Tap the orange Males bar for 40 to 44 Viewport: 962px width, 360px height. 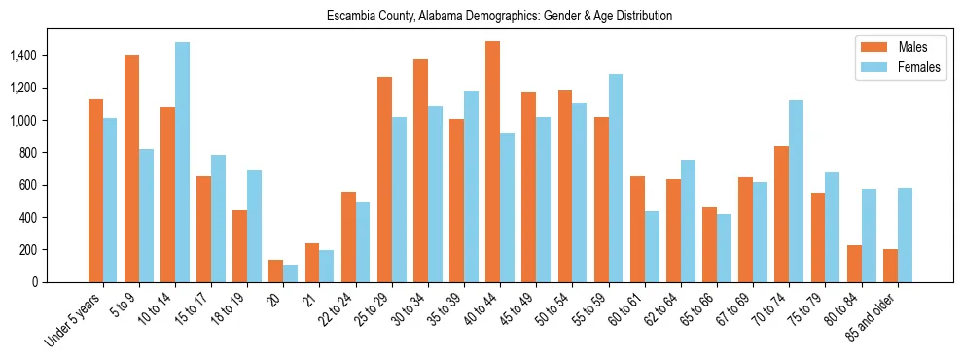click(492, 162)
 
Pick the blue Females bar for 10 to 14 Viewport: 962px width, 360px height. click(183, 162)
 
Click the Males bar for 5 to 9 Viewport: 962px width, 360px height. click(132, 168)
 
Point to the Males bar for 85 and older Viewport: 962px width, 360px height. click(890, 266)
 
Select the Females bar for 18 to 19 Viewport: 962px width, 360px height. click(254, 226)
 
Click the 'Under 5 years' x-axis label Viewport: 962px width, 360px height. click(74, 320)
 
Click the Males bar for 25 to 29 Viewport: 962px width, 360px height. click(384, 179)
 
